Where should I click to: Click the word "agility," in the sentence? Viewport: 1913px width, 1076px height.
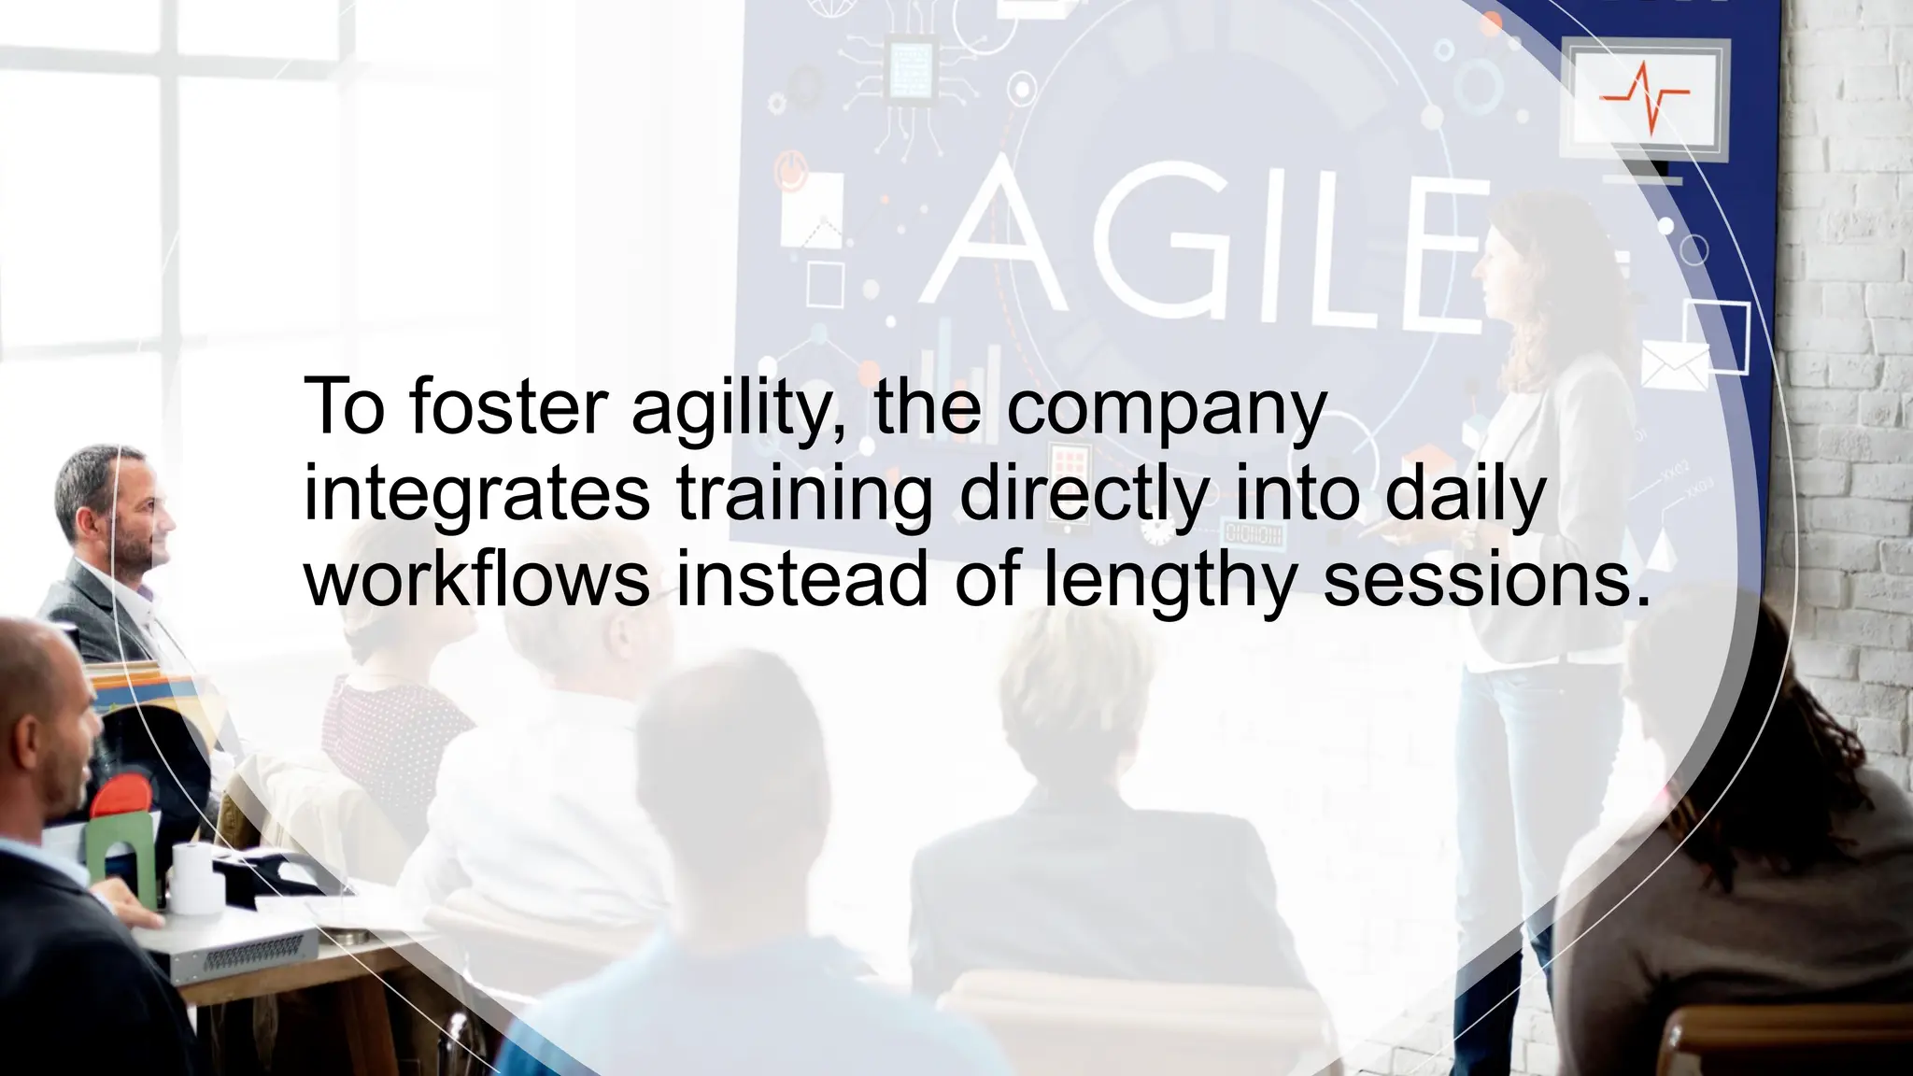(742, 408)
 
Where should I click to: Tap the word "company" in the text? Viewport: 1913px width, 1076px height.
(1166, 408)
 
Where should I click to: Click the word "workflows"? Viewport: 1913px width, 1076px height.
(476, 578)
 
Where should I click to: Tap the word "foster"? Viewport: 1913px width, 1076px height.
(509, 408)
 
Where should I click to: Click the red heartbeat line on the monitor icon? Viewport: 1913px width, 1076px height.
(1645, 97)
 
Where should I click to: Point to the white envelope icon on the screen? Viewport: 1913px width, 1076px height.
(1675, 365)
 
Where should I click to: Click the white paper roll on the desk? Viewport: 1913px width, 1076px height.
(195, 877)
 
